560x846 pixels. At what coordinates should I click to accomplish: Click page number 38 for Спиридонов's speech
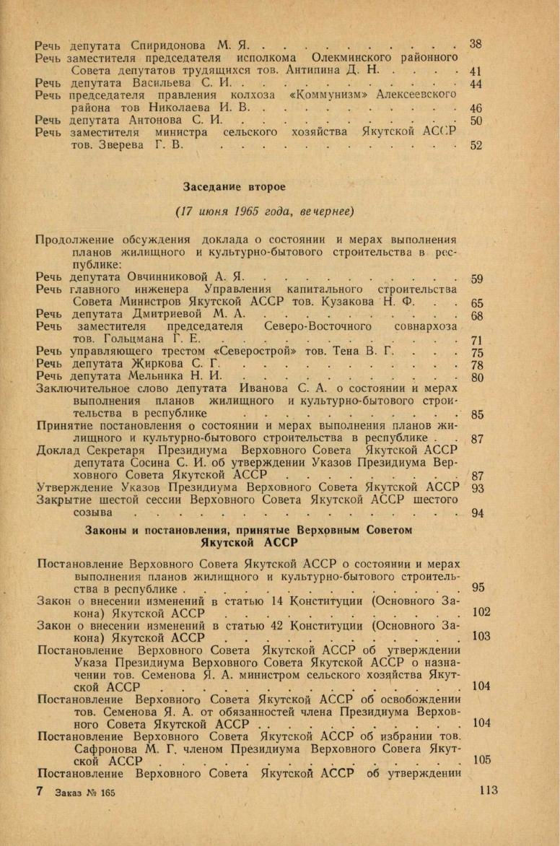[x=475, y=44]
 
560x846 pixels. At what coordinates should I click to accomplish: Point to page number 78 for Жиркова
[x=476, y=365]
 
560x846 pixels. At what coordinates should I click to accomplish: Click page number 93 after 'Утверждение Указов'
[x=476, y=487]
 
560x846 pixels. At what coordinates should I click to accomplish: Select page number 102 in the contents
[x=481, y=612]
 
